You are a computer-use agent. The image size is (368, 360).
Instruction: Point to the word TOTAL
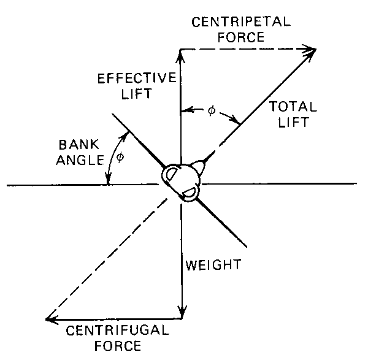[x=293, y=107]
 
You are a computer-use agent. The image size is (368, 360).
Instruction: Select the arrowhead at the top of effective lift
[x=180, y=53]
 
